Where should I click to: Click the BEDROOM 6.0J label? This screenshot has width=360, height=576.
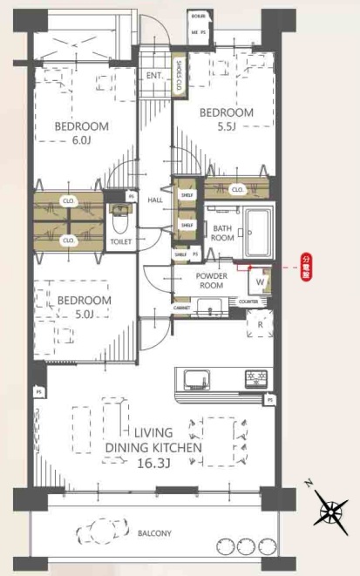coord(83,132)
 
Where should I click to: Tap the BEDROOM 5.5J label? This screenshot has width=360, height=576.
coord(227,119)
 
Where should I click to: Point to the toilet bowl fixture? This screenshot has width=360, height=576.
coord(117,219)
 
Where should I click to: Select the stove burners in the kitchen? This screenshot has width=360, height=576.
coord(256,378)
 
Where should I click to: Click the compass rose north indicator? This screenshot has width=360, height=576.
coord(330,511)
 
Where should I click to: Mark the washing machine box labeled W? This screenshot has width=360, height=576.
coord(261,281)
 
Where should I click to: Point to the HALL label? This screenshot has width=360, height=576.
coord(155,200)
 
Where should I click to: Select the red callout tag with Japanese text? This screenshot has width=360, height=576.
coord(305,263)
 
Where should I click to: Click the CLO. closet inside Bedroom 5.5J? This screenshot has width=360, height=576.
coord(237,188)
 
